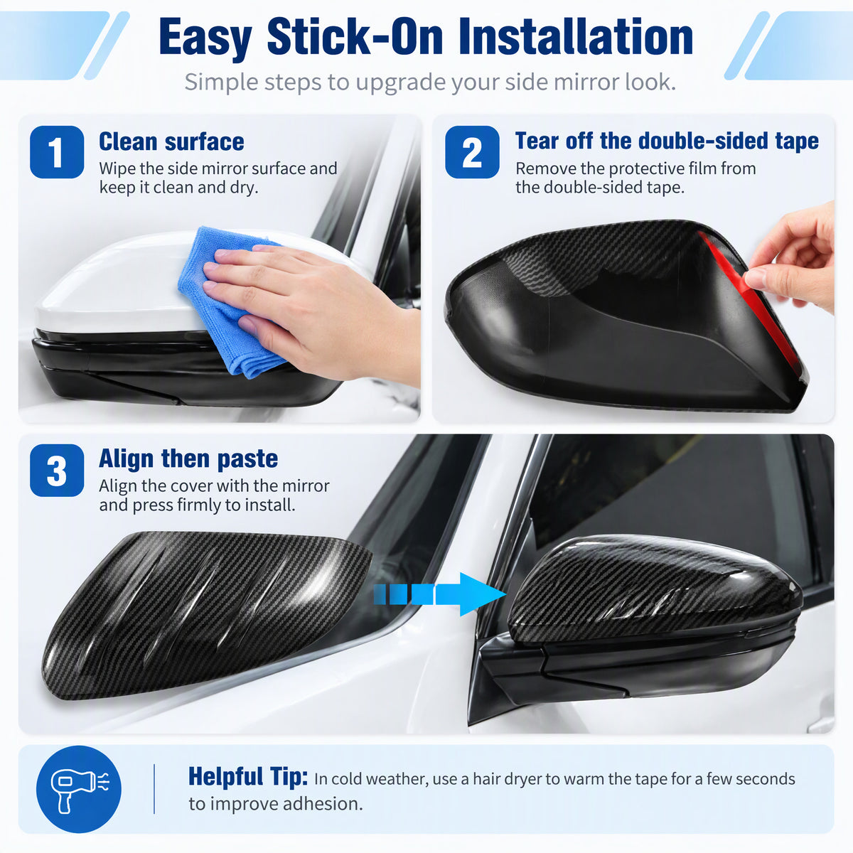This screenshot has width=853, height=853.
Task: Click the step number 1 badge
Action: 57,152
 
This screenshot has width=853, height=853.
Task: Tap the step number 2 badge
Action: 472,152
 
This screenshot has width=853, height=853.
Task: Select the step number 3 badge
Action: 57,470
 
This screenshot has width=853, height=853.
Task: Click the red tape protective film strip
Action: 753,306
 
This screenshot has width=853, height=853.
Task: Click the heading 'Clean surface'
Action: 171,141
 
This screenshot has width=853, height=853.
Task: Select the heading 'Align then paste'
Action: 188,458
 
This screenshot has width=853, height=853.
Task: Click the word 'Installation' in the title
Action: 576,37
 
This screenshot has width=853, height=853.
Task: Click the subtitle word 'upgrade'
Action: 402,82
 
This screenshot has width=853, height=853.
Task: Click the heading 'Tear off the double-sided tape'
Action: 667,141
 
